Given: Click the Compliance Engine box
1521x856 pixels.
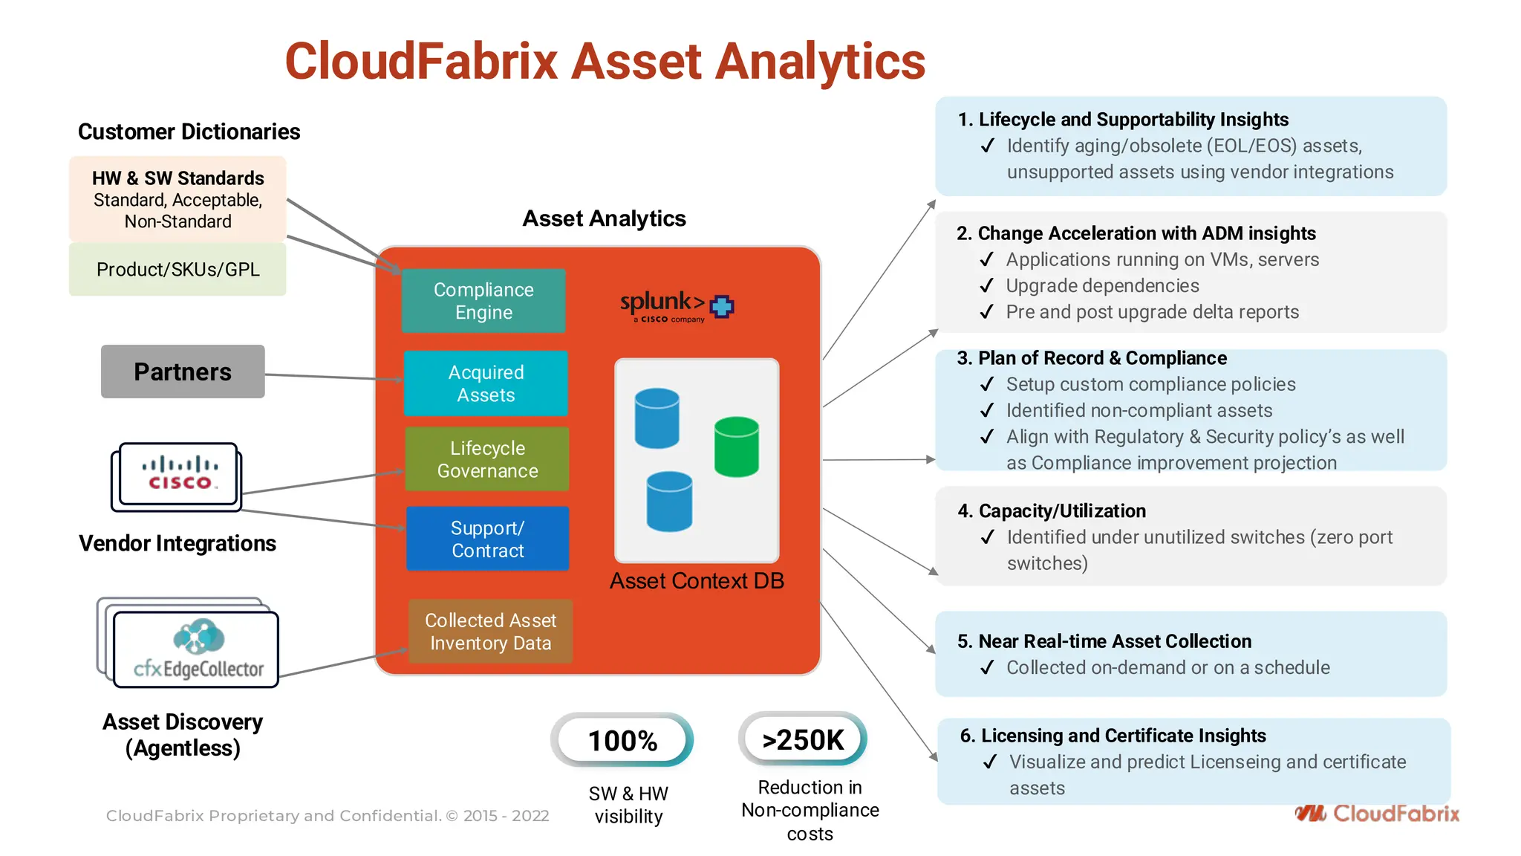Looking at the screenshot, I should click(483, 301).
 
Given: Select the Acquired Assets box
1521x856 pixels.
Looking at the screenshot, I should click(486, 383).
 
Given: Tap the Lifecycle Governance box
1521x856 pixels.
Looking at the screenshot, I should click(487, 459).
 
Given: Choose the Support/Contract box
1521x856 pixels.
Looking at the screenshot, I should click(487, 539).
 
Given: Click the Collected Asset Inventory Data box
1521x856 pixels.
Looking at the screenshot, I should click(490, 632).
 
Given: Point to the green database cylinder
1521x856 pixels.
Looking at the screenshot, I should click(736, 447).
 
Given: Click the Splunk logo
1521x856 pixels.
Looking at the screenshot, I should click(676, 305).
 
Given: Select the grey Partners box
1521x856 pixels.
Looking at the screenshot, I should click(183, 372).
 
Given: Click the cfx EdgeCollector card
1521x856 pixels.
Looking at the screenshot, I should click(196, 649).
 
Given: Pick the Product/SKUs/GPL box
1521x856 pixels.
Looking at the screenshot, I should click(177, 269).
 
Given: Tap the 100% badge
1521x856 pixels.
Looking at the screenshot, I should click(622, 740).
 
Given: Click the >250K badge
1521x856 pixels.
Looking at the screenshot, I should click(803, 739).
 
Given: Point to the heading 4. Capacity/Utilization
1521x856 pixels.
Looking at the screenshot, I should click(1052, 511).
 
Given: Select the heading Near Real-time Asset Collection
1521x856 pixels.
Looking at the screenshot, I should click(1114, 641).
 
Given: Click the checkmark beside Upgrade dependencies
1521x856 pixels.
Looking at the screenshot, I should click(986, 286).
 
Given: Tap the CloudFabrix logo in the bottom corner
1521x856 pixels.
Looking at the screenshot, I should click(1377, 814).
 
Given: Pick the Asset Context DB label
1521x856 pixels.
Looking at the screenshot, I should click(697, 581).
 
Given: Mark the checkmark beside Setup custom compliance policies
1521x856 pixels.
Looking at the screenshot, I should click(986, 385).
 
